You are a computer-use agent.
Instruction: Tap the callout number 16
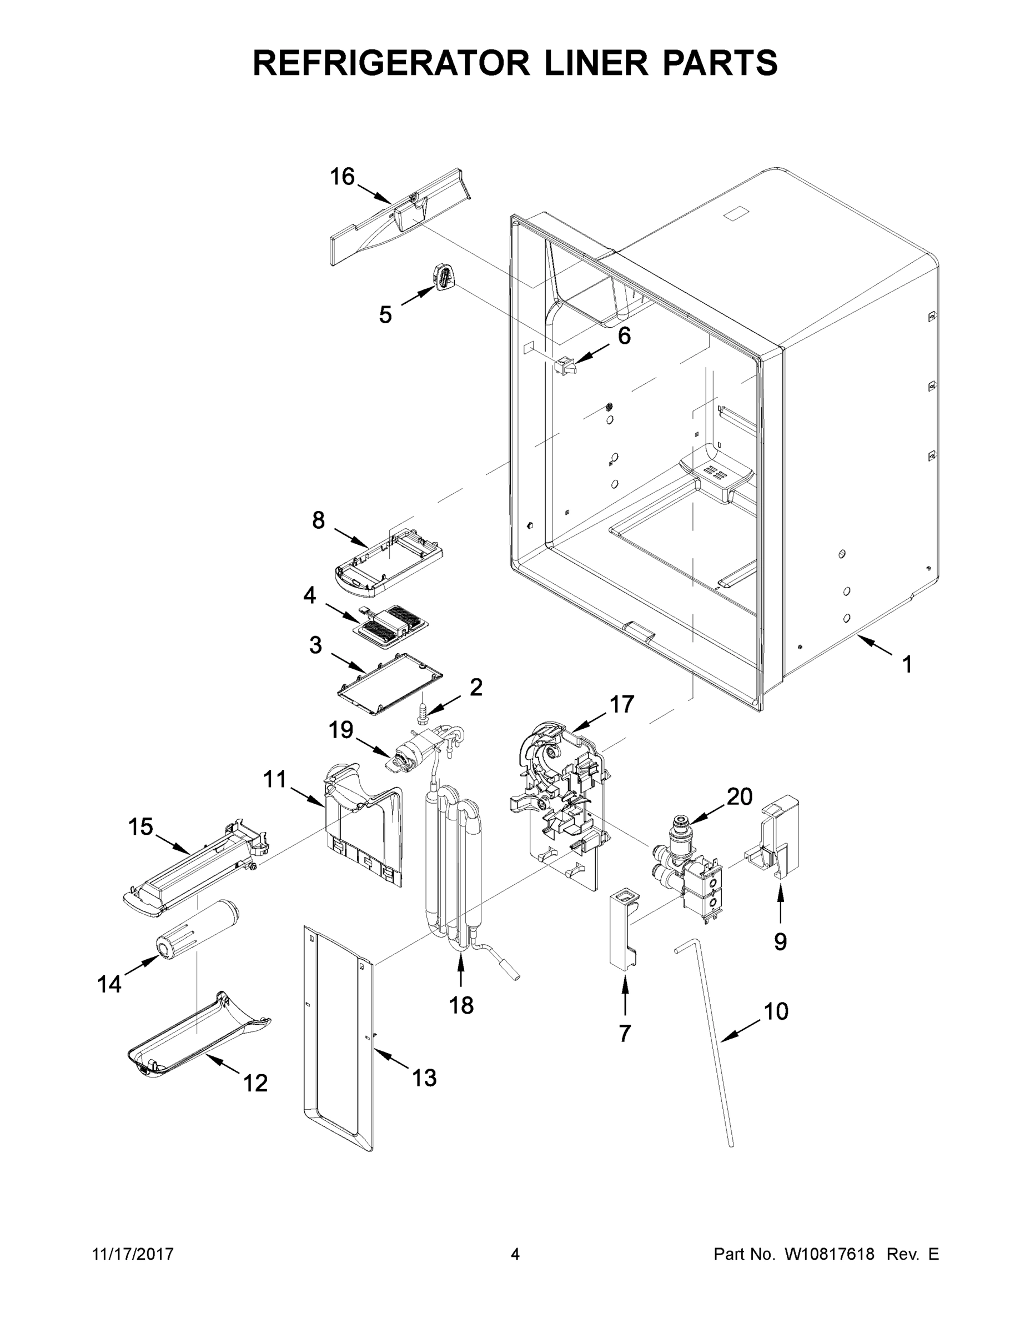(x=343, y=177)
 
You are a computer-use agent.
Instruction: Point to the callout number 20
(x=739, y=796)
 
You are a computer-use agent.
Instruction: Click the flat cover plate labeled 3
(x=390, y=684)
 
